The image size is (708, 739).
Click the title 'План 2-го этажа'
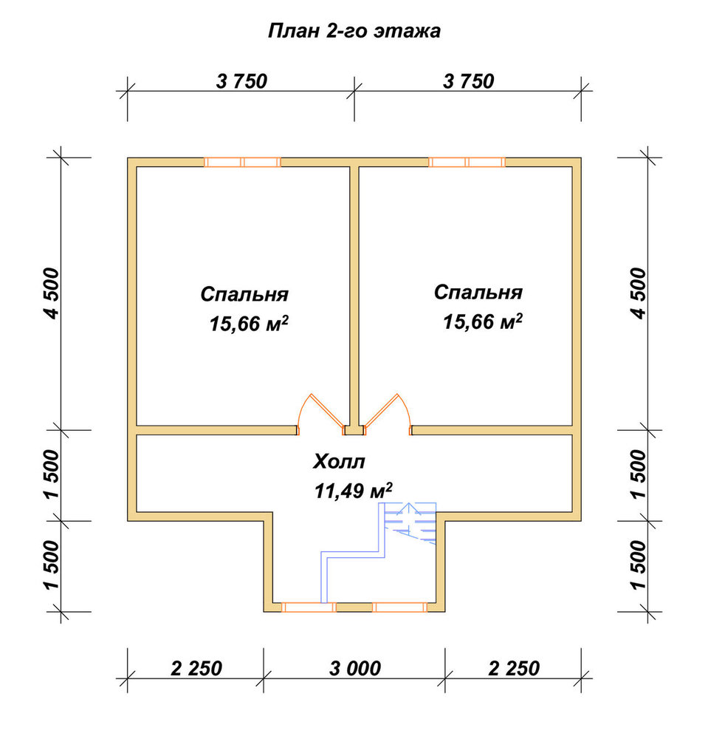(x=354, y=32)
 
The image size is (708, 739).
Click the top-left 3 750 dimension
(x=241, y=81)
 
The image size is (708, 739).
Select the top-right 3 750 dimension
(x=468, y=81)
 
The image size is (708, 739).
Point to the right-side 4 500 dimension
(x=639, y=293)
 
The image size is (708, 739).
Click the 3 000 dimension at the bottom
(x=354, y=668)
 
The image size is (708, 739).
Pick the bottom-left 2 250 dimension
(x=196, y=668)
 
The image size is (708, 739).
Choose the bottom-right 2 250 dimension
(x=514, y=668)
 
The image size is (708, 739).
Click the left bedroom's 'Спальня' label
(x=244, y=294)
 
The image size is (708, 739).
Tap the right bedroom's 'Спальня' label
(x=478, y=292)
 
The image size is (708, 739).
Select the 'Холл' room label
(x=339, y=462)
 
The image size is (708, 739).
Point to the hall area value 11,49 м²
(x=353, y=491)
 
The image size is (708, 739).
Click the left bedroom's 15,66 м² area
(x=249, y=324)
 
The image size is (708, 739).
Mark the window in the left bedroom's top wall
(x=242, y=162)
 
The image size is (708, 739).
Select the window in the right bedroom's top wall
(x=467, y=162)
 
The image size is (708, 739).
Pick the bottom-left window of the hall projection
(x=309, y=607)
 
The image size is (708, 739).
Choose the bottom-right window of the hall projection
(x=399, y=607)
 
